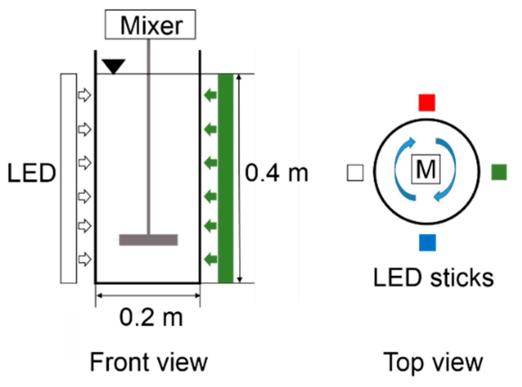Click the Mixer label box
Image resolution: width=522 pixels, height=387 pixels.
coord(150,25)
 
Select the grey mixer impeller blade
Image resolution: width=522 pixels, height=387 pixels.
coord(148,240)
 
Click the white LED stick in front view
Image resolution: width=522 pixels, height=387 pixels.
coord(69,178)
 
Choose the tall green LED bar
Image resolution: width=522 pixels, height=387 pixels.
coord(225,178)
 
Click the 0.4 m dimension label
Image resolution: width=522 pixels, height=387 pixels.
coord(277,173)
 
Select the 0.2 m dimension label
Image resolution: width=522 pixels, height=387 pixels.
coord(151,317)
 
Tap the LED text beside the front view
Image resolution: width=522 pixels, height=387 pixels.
coord(31,173)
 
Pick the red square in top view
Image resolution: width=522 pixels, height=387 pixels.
coord(427,102)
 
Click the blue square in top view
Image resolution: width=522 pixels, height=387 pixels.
coord(427,242)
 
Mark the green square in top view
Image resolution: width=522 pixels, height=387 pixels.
coord(499,172)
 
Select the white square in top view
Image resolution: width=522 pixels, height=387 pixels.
coord(355,173)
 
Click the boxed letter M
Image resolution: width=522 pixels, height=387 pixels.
coord(426,169)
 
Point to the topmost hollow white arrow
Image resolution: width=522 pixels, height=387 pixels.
coord(84,95)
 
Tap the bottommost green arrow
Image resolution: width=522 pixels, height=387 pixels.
coord(211,259)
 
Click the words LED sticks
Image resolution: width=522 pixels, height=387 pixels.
coord(434,278)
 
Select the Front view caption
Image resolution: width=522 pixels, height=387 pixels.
coord(149,362)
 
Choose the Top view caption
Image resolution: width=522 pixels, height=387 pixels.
coord(433,362)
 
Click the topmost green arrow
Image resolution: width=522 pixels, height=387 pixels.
coord(211,95)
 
